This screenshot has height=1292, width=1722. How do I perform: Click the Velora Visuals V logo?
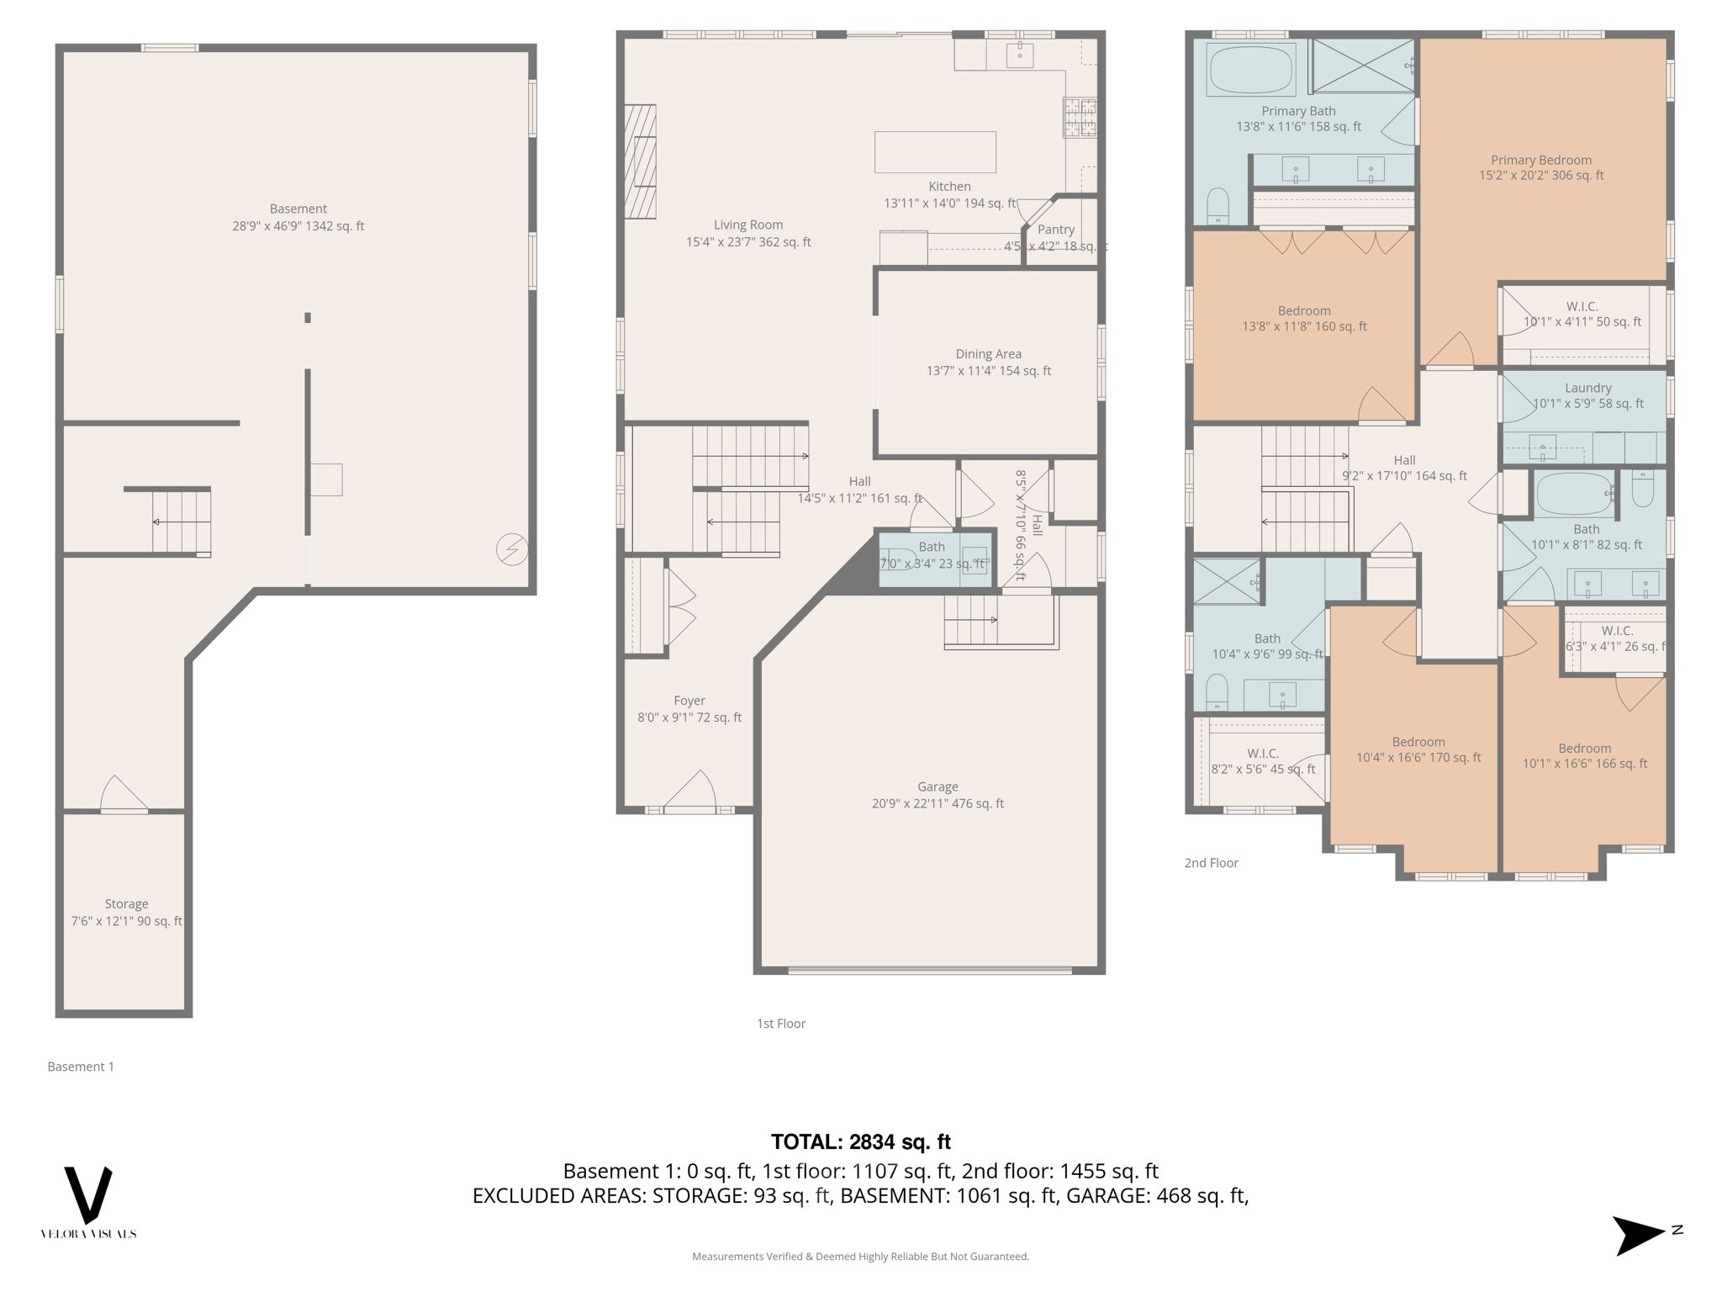(88, 1194)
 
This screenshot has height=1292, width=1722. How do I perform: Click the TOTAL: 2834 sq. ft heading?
(860, 1141)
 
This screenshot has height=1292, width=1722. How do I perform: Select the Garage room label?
(938, 786)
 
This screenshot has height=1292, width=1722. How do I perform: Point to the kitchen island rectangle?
(935, 152)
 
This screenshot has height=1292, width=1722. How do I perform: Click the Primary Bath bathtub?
(1250, 70)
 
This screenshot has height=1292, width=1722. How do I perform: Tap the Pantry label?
(1055, 230)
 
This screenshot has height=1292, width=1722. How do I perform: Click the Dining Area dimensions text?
(988, 371)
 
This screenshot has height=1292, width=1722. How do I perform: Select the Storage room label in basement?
(126, 904)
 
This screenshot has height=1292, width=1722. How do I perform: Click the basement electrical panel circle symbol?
(512, 549)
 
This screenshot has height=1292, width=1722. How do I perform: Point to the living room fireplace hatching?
(640, 161)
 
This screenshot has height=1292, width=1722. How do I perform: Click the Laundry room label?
(1587, 388)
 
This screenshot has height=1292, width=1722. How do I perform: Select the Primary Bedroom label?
(1540, 160)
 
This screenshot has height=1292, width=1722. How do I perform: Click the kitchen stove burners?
(1080, 117)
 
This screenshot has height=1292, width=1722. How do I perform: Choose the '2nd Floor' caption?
(1211, 862)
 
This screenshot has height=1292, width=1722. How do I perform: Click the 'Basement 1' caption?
(81, 1067)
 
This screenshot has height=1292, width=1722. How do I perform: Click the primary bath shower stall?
(1363, 65)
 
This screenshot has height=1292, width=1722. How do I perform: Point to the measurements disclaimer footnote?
(860, 1257)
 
